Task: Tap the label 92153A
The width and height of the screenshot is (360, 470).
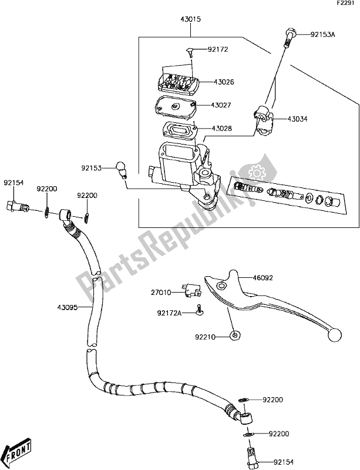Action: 322,35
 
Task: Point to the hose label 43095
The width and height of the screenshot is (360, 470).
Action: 68,307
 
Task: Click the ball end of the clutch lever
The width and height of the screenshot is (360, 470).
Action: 335,335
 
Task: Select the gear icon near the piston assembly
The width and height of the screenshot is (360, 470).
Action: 256,173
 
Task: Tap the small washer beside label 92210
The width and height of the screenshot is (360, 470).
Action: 235,336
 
